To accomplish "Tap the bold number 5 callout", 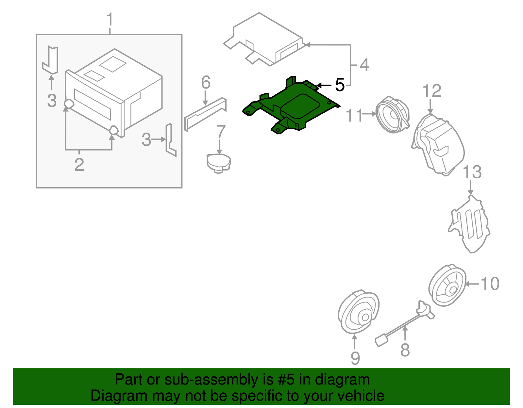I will (x=340, y=85).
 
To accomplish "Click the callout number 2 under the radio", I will (x=79, y=164).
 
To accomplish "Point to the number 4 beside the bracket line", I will (x=364, y=65).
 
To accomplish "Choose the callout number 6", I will (x=206, y=82).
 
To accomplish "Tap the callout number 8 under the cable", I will (x=405, y=350).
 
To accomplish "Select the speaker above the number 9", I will (x=359, y=312).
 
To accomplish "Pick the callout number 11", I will (x=354, y=116).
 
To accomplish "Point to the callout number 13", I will (x=472, y=172).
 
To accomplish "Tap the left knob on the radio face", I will (x=69, y=104).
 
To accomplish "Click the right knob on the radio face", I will (x=113, y=130).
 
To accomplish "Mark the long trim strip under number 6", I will (x=205, y=113).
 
